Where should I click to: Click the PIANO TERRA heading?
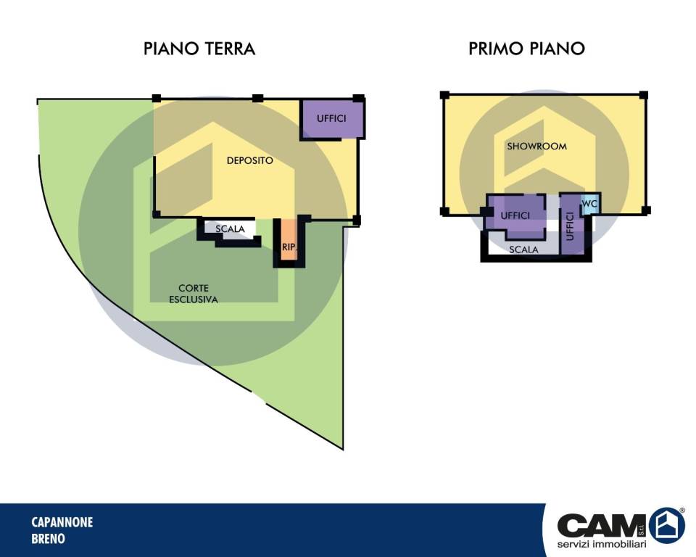pos(199,49)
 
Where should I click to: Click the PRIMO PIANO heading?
pos(527,49)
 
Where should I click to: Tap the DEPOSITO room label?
pos(250,160)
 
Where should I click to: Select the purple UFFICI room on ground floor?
pos(332,119)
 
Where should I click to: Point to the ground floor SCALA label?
pos(230,228)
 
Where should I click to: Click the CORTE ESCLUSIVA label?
pos(194,294)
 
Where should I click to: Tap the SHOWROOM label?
pos(536,146)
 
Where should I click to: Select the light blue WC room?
pos(590,204)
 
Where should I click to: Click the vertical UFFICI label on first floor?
pos(571,226)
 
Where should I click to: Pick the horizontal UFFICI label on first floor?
pos(515,215)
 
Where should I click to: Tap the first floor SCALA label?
pos(523,249)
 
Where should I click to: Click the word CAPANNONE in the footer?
pos(62,522)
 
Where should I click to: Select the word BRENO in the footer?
pos(49,539)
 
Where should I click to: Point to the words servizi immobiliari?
pos(602,545)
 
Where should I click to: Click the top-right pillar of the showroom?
pos(644,95)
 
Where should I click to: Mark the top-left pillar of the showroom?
pos(444,95)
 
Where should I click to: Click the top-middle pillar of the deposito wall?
pos(258,98)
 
